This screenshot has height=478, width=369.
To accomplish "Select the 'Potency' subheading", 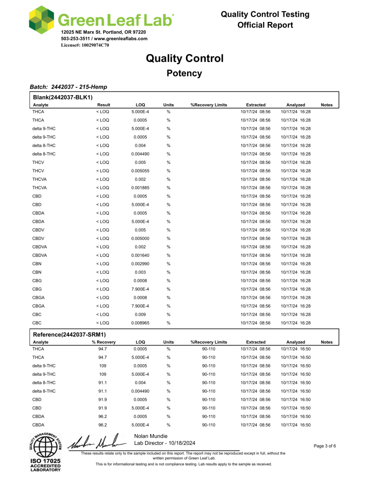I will pos(184,73).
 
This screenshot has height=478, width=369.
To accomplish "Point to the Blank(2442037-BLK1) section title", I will pos(63,97).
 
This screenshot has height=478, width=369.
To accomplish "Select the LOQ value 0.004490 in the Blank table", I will pos(140,154).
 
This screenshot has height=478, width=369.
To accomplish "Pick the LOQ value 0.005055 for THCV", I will pos(140,171).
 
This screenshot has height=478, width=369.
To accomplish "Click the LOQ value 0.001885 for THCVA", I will pos(140,188).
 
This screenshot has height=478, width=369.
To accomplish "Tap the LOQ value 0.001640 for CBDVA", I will pos(140,255).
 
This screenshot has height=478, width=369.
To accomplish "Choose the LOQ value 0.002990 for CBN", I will pos(140,264).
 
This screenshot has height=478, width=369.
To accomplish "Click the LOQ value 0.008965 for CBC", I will pos(140,323).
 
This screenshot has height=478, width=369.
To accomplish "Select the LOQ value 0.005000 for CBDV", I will pos(140,239).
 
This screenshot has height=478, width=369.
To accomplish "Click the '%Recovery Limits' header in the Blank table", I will pos(209,105).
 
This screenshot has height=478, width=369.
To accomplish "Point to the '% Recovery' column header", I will pos(104,342).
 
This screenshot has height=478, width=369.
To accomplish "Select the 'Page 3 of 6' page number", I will pos(329,446).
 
